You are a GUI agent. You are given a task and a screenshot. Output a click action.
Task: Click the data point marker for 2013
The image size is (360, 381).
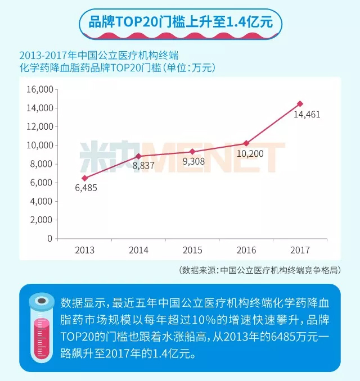coord(84,178)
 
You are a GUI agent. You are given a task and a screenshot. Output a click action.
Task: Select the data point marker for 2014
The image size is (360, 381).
coord(138,156)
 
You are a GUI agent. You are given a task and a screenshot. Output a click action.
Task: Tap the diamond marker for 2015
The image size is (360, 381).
coord(192,152)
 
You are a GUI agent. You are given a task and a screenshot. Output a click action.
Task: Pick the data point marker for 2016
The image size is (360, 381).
coord(246,143)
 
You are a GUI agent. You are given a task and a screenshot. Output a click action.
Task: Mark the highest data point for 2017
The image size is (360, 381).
coord(300,103)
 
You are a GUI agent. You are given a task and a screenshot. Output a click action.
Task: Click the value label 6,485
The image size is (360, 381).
coord(86,188)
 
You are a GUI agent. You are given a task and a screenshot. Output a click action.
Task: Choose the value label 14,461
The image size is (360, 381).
coord(307,115)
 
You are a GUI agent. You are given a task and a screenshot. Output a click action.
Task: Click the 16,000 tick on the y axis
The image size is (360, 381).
coord(39,89)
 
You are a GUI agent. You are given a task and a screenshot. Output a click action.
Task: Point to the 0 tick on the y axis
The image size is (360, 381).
coord(49,238)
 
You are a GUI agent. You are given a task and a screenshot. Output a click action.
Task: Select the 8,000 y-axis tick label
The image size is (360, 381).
coord(41,164)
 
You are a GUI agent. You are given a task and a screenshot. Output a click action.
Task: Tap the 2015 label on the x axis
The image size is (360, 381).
coord(192,250)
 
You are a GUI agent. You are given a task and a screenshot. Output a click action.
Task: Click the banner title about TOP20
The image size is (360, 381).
coord(181,23)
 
